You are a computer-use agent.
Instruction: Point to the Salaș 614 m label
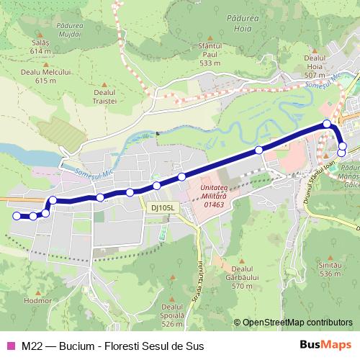pyautogui.click(x=40, y=48)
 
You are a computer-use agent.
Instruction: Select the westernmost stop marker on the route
pyautogui.click(x=17, y=215)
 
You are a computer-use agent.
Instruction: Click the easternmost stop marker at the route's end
pyautogui.click(x=341, y=153)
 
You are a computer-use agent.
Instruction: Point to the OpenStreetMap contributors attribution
pyautogui.click(x=297, y=323)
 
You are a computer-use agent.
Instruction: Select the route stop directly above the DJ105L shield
pyautogui.click(x=156, y=186)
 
